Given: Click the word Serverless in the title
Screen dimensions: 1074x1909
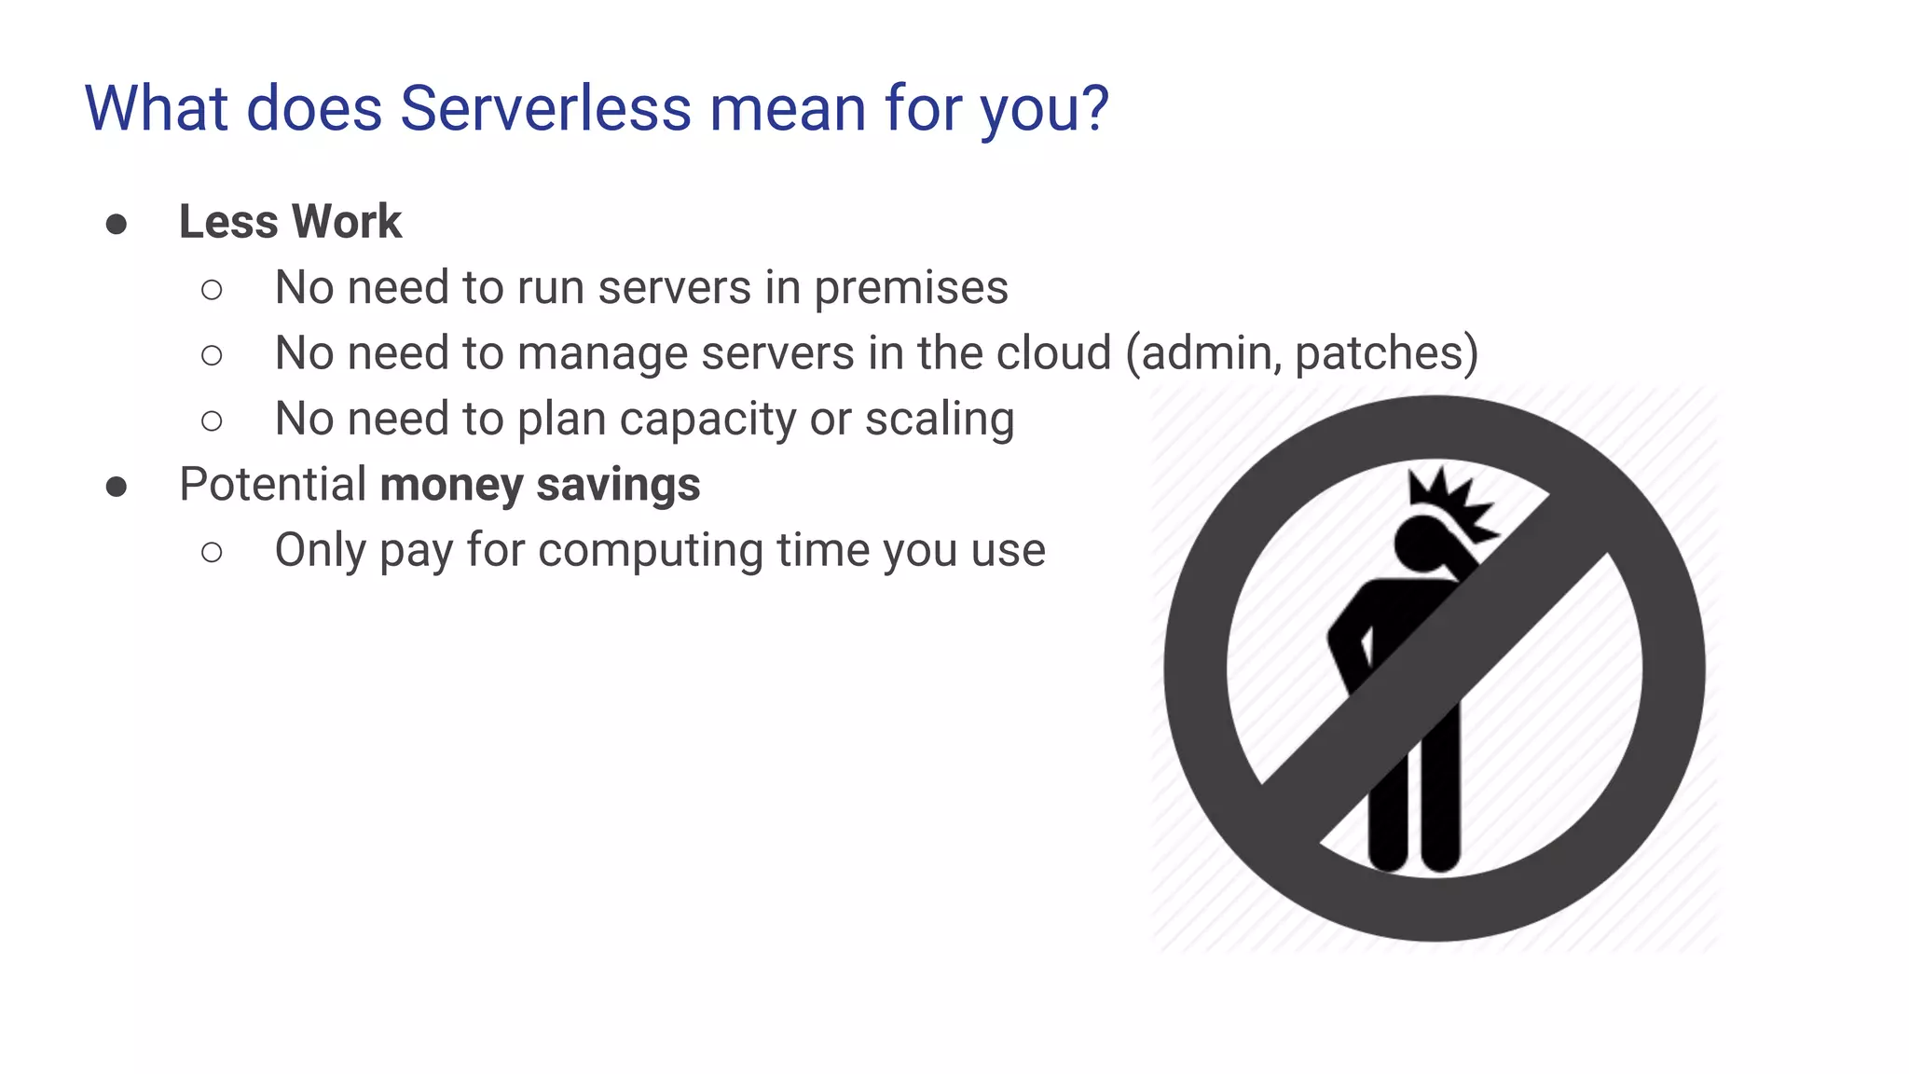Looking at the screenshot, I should pyautogui.click(x=545, y=108).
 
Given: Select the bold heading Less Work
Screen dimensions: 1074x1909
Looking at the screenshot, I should pyautogui.click(x=290, y=222).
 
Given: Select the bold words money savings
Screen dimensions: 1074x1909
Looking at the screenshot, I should pyautogui.click(x=540, y=485).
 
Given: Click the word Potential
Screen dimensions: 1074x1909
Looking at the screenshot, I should pyautogui.click(x=273, y=485).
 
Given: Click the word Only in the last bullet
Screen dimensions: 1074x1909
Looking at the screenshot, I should pyautogui.click(x=320, y=550).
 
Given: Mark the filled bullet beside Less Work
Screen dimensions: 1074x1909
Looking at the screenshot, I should pyautogui.click(x=117, y=224).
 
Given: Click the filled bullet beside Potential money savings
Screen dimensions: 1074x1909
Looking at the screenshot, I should pyautogui.click(x=117, y=487).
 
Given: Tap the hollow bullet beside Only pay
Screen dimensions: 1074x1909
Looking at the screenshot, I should pyautogui.click(x=212, y=552).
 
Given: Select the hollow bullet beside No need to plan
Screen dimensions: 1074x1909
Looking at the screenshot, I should pyautogui.click(x=212, y=420).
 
